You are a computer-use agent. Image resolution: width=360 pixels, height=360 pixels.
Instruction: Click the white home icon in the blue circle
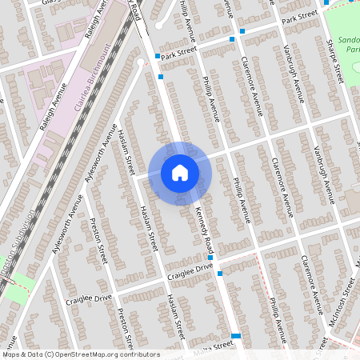tap(180, 172)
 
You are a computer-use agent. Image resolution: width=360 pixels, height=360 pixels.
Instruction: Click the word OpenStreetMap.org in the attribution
tap(84, 354)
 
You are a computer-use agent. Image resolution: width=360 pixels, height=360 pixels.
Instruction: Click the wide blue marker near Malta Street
tap(236, 336)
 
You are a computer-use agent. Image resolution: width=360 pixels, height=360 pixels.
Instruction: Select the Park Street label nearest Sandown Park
tap(300, 18)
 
